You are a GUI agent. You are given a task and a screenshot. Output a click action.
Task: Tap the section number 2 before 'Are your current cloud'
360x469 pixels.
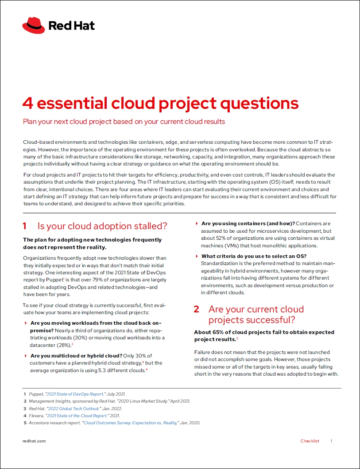196,309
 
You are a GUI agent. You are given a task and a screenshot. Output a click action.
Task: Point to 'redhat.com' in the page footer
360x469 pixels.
34,441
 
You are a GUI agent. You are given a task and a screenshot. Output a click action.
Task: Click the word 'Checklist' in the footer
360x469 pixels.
310,441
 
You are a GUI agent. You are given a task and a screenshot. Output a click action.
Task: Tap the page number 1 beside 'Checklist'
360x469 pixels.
331,441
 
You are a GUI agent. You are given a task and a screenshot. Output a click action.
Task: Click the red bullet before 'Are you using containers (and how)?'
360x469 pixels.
197,224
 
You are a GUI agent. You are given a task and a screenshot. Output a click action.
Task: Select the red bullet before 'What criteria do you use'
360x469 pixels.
197,256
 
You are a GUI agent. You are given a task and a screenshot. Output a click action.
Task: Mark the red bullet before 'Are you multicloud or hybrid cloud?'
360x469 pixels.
26,356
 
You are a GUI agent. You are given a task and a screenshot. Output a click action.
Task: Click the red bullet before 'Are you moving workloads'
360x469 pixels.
26,323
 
